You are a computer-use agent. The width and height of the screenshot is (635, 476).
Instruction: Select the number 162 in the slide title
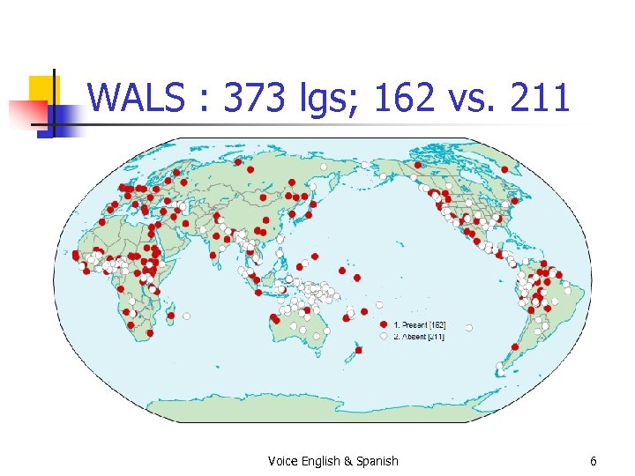(x=405, y=98)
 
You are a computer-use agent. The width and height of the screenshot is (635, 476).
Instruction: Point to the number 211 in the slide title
(x=538, y=98)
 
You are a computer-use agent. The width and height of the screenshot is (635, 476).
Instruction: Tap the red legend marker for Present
(x=383, y=325)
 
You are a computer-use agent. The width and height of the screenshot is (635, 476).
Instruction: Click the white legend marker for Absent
(x=383, y=336)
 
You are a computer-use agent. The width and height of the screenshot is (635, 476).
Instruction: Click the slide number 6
(x=594, y=461)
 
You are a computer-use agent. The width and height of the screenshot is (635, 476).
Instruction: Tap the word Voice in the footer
(x=283, y=461)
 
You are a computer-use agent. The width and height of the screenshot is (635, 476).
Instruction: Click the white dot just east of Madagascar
(x=187, y=315)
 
